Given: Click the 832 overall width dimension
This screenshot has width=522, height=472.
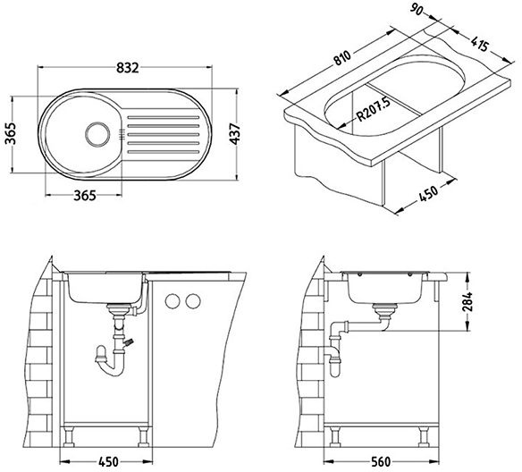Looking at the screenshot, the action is pos(128,68).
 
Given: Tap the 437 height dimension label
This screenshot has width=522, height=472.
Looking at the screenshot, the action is pos(235,134).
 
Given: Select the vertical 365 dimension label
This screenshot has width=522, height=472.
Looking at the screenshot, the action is pos(11,133).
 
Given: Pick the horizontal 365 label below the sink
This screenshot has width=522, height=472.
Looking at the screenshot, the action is pos(85,196).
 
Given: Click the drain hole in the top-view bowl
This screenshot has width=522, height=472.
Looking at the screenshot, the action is pos(97,134).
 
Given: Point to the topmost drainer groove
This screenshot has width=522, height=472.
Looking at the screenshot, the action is pos(164,117).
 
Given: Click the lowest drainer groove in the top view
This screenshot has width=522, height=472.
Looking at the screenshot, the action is pos(164,152).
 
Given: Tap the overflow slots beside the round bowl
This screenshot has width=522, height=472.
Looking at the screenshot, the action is pos(122,133).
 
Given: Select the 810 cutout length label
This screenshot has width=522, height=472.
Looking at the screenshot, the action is pos(342,58).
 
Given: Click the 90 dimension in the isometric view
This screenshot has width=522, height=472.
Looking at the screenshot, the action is pos(416,9).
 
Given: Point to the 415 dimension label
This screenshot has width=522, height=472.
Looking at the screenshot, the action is pos(480,44).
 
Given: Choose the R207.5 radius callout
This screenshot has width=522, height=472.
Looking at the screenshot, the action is pos(374,110).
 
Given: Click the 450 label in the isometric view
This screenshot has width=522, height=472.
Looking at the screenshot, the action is pos(428,193).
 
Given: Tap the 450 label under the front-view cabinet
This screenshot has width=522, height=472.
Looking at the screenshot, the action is pos(108,461).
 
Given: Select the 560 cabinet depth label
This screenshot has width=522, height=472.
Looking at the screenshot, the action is pos(380,461).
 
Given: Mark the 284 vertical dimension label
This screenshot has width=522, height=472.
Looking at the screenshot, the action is pos(467,301).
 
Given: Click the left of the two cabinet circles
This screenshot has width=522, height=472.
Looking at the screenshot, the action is pos(173,301).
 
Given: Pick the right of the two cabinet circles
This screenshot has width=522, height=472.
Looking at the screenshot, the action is pos(193,301).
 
